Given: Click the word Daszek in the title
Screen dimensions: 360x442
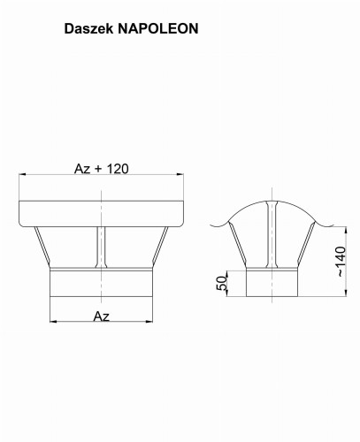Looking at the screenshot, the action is [88, 29].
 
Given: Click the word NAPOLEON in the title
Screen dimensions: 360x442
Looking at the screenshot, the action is [158, 29].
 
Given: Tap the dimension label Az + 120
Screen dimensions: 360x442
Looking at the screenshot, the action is [102, 169].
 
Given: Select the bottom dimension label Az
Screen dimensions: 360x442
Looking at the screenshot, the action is [102, 316].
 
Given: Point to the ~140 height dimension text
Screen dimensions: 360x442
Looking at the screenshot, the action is [341, 262].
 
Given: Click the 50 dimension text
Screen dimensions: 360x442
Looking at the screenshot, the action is [222, 283].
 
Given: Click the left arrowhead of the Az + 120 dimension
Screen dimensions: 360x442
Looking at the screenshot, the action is [23, 174].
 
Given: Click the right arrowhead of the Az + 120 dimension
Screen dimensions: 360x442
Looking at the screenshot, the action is [180, 174].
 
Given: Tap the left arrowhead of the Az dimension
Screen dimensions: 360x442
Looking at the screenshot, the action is [54, 322].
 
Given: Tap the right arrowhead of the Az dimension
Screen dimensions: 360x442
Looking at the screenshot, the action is [149, 322].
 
